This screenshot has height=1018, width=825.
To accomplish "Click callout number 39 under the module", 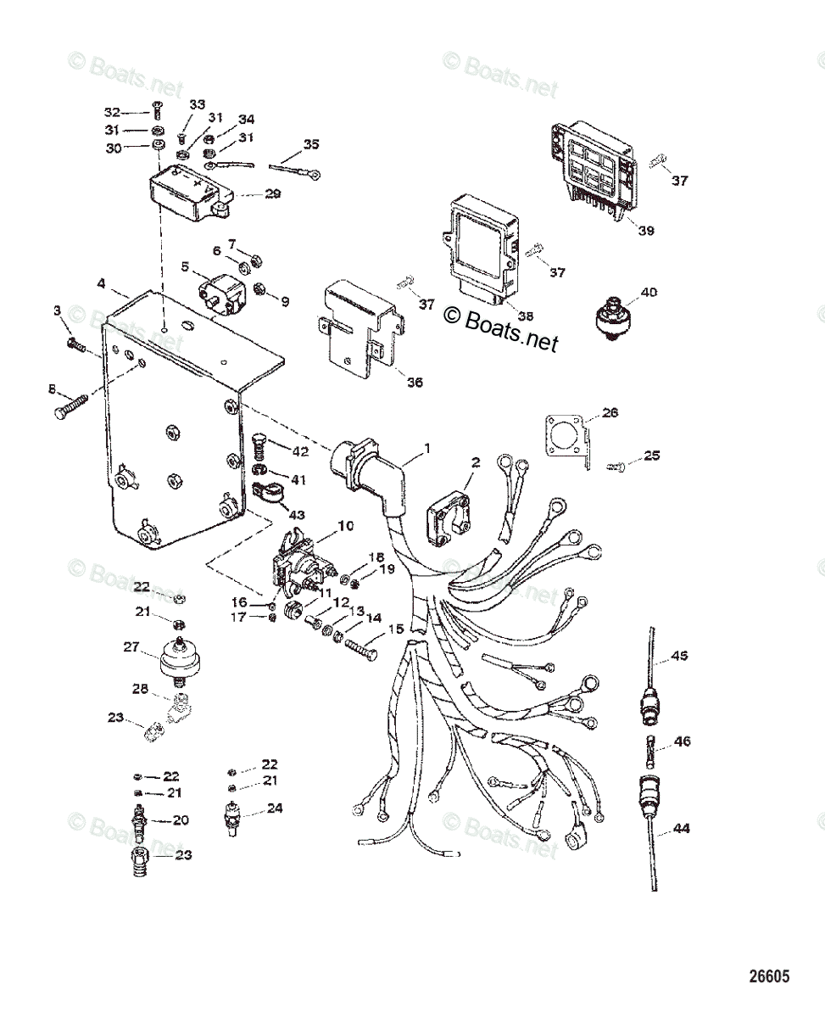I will (647, 230).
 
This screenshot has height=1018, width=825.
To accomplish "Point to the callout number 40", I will (648, 293).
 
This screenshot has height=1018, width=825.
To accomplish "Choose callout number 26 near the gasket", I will (610, 413).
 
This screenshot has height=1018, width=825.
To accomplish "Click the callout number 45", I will (680, 656).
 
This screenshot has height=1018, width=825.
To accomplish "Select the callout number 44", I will (680, 828).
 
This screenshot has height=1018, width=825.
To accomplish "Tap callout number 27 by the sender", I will (131, 646).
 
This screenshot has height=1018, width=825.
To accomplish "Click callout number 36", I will (415, 382).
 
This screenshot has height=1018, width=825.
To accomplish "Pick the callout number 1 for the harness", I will (426, 447).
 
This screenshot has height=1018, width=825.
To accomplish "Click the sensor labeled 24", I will (232, 816).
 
